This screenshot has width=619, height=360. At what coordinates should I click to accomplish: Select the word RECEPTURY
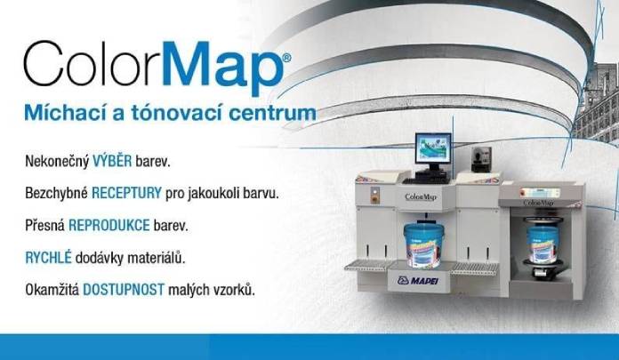click(x=125, y=191)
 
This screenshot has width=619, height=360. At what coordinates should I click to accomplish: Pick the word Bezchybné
click(x=55, y=191)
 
